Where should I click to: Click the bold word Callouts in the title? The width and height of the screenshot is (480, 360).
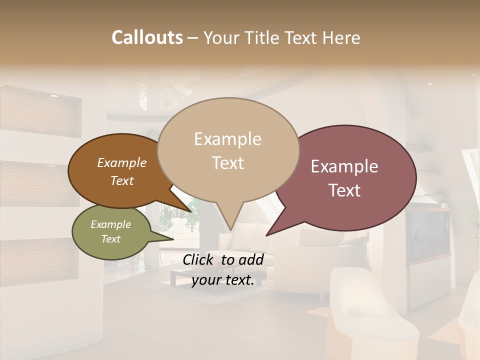(x=147, y=37)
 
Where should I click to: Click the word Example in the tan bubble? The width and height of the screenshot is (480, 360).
(x=227, y=139)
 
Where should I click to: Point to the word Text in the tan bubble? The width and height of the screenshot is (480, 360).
(x=227, y=162)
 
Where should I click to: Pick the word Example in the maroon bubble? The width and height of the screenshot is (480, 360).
(x=344, y=166)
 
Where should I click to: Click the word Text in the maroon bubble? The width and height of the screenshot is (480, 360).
(x=344, y=190)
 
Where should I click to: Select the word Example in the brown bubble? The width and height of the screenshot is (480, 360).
(x=121, y=162)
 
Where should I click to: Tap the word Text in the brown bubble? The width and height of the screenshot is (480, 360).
(x=121, y=180)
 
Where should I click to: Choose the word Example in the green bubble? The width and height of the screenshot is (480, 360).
(x=110, y=224)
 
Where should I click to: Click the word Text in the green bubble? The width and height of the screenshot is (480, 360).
(x=110, y=239)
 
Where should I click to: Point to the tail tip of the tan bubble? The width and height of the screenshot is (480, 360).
(x=230, y=230)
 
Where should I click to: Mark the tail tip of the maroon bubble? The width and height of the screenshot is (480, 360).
(x=266, y=235)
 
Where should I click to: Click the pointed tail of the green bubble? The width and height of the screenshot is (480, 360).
(x=173, y=239)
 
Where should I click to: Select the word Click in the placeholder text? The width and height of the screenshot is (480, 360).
(x=199, y=259)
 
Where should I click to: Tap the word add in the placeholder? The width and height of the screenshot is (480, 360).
(x=251, y=259)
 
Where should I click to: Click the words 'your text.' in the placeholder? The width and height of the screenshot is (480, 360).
(x=223, y=280)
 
